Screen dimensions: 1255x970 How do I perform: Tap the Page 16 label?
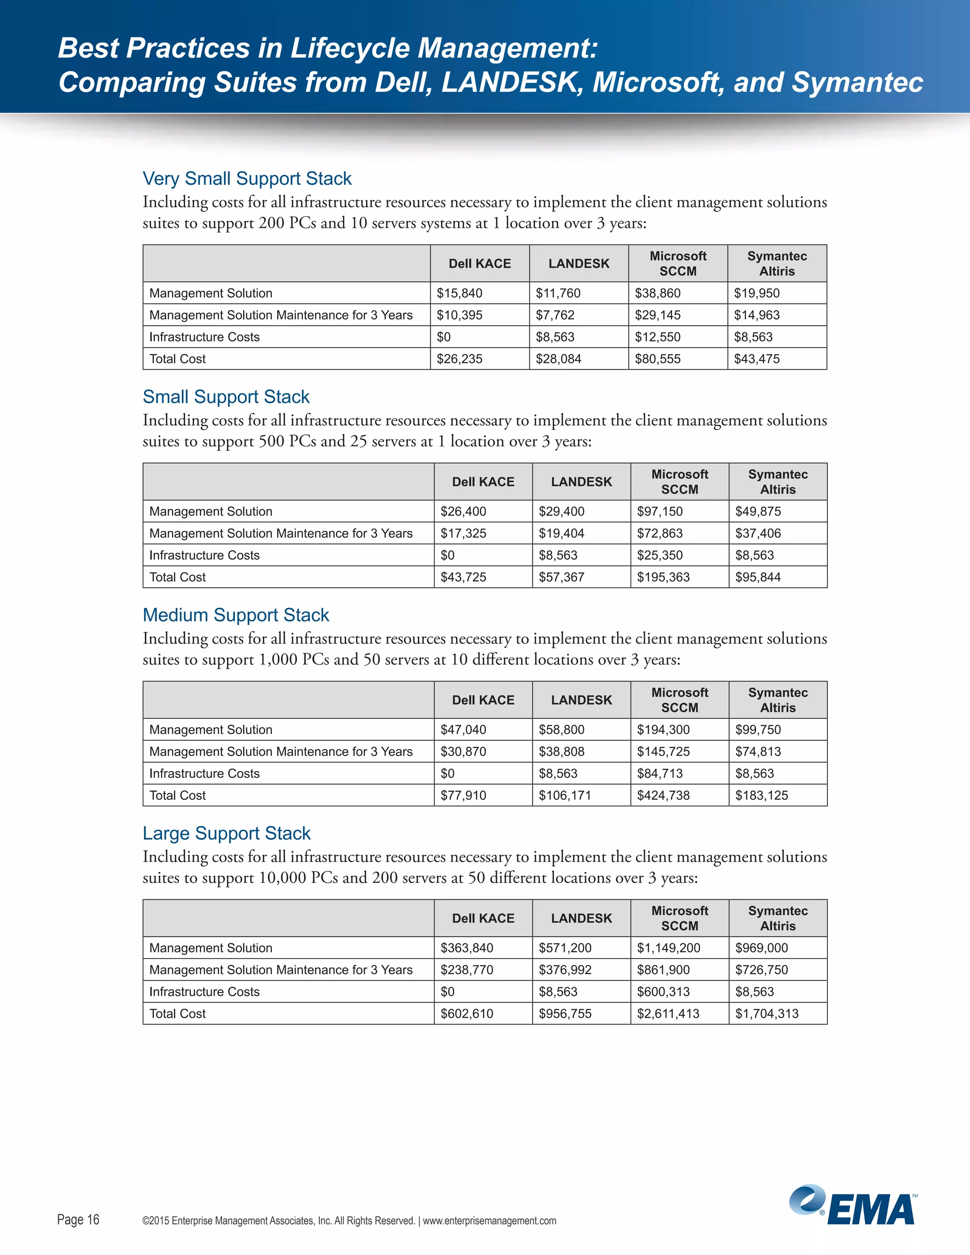pos(78,1219)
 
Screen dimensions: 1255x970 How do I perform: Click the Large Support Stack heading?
pos(226,833)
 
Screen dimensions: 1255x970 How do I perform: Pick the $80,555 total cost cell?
pos(657,359)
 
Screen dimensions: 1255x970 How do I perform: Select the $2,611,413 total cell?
pos(668,1013)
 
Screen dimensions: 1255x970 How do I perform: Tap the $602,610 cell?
pos(466,1013)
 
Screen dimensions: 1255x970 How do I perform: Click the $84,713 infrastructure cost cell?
pos(660,773)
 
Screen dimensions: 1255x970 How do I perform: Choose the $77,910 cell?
pos(463,795)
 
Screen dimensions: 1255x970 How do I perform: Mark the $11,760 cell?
pos(558,293)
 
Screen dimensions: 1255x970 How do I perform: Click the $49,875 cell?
pos(757,511)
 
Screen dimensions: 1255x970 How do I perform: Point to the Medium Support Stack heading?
pos(235,615)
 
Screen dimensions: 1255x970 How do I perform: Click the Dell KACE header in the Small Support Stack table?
pos(483,482)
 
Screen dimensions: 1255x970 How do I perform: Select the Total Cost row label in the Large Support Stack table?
pos(177,1013)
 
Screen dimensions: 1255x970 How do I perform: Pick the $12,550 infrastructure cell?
pos(657,337)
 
